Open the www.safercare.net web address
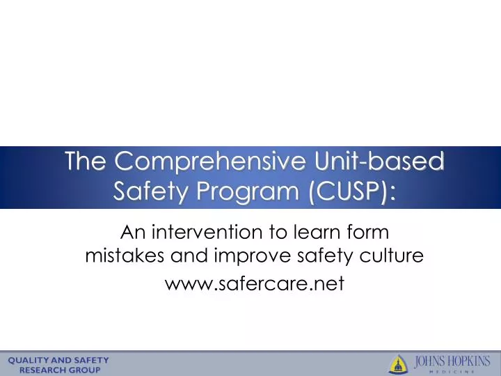click(254, 283)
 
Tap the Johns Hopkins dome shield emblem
click(398, 363)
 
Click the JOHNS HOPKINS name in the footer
click(453, 361)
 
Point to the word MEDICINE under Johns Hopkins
click(453, 371)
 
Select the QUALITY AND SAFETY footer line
click(58, 360)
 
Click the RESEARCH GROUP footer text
click(59, 370)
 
